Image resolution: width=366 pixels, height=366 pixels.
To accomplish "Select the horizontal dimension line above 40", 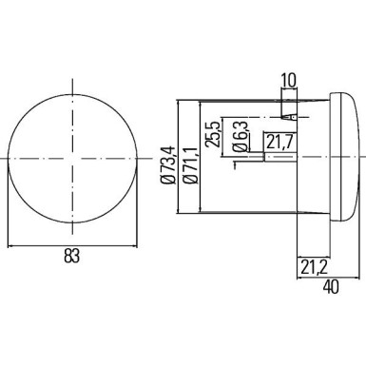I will click(x=327, y=273).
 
